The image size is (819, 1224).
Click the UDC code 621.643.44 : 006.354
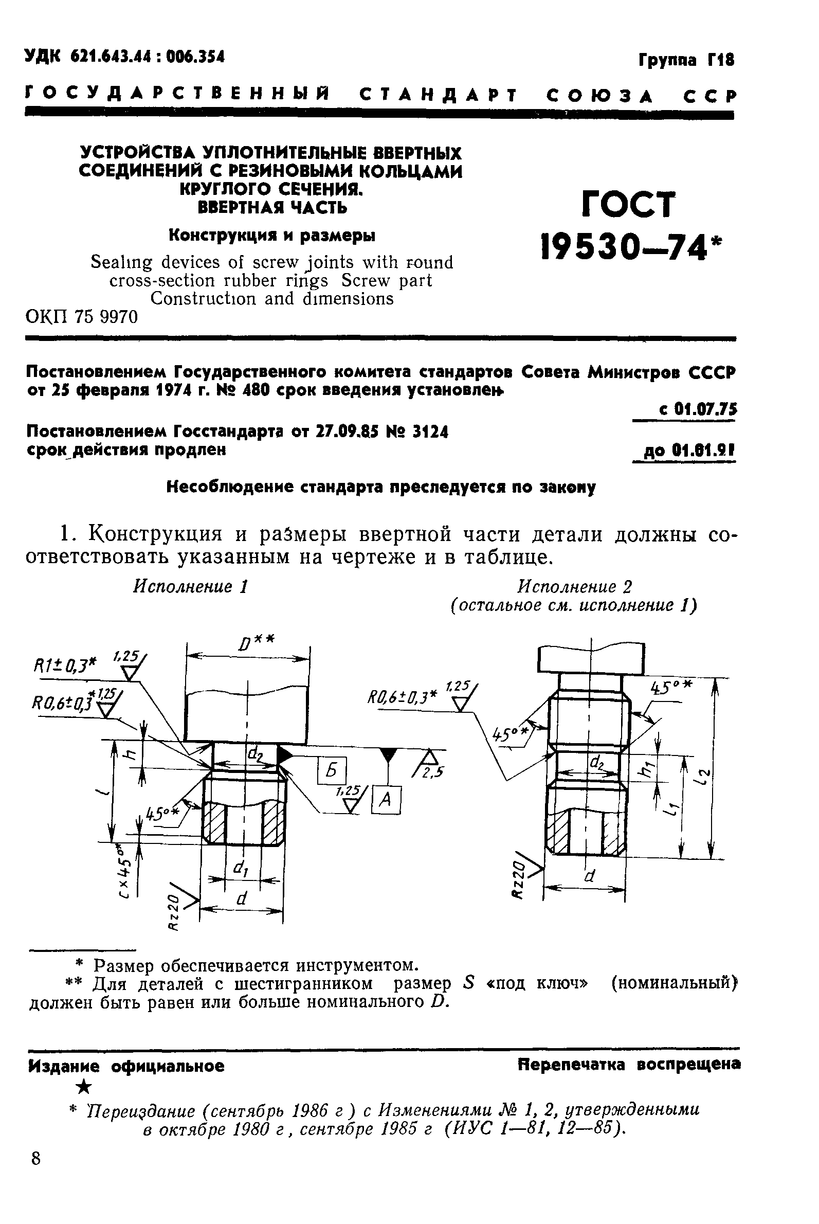[x=125, y=57]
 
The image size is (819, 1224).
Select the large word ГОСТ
[x=628, y=204]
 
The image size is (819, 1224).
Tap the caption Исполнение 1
[x=190, y=586]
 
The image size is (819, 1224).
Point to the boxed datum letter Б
[x=332, y=770]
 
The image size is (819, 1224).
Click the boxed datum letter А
[x=386, y=799]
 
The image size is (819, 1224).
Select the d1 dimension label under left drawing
[x=241, y=869]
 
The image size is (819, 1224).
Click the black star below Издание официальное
[x=84, y=1088]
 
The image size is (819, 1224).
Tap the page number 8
[x=35, y=1159]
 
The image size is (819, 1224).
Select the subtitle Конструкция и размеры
[x=271, y=236]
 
